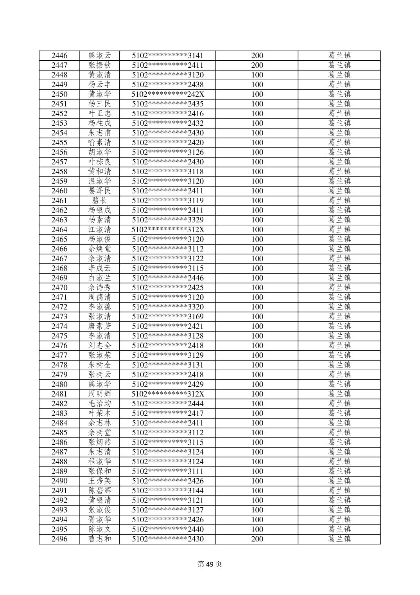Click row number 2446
click(x=59, y=56)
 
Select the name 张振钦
click(x=100, y=65)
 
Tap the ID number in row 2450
click(x=168, y=94)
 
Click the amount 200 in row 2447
click(x=257, y=65)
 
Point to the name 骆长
click(x=100, y=200)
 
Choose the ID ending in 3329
click(x=168, y=220)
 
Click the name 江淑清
click(x=100, y=230)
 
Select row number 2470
click(x=59, y=288)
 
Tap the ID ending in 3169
click(x=168, y=317)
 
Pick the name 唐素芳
click(x=100, y=326)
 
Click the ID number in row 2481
click(x=168, y=394)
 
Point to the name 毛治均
click(x=100, y=404)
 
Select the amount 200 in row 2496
click(x=257, y=539)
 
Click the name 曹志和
click(x=100, y=539)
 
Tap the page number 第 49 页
click(x=210, y=564)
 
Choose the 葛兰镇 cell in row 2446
click(x=339, y=56)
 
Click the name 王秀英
click(x=100, y=481)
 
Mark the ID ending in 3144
click(x=168, y=491)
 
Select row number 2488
click(x=59, y=462)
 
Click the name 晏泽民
click(x=100, y=191)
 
